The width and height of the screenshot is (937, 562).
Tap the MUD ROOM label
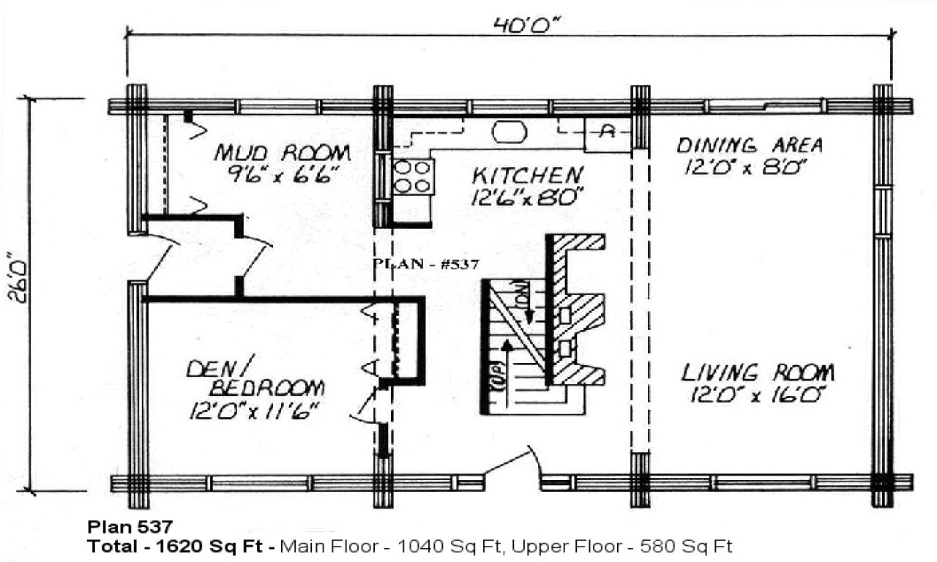(282, 154)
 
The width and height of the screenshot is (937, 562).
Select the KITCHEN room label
(527, 176)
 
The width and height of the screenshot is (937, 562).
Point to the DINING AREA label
(749, 145)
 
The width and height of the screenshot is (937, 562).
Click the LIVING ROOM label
(758, 373)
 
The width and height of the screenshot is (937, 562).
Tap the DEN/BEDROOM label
(254, 377)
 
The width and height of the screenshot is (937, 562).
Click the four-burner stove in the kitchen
(412, 176)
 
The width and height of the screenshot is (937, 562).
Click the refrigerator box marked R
(607, 132)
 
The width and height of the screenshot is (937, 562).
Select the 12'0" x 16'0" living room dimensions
(758, 396)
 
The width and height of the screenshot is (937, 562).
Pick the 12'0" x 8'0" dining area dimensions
(745, 168)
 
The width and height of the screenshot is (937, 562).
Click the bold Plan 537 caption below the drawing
(130, 527)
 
